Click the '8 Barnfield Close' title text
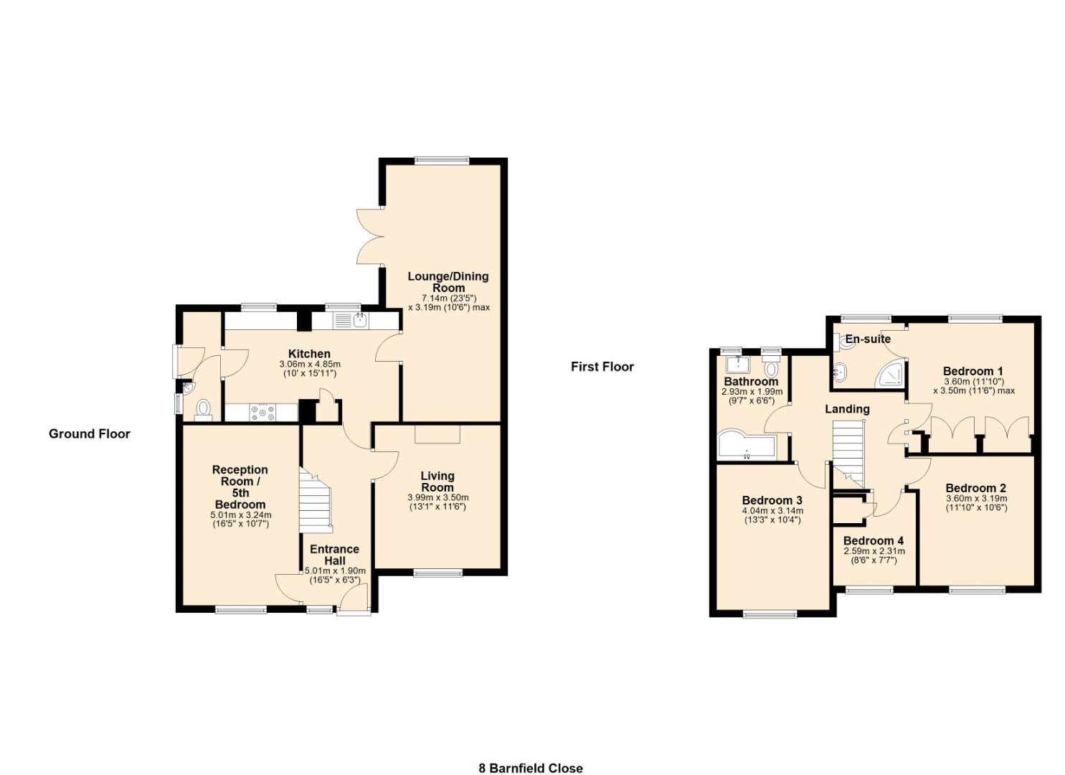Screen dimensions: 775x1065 point(530,768)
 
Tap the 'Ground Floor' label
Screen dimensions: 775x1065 point(90,433)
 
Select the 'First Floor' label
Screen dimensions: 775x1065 point(602,367)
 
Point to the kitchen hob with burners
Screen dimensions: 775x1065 point(262,412)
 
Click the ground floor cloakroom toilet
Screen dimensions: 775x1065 point(204,409)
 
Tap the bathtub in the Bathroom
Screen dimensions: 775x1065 point(746,446)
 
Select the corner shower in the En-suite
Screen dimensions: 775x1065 point(889,374)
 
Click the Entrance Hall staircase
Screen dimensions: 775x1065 point(316,502)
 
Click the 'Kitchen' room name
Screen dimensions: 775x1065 point(309,354)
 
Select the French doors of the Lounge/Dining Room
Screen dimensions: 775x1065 point(371,236)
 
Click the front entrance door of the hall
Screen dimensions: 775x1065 point(354,601)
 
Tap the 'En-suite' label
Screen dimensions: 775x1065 point(867,339)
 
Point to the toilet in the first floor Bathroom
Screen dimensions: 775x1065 point(771,369)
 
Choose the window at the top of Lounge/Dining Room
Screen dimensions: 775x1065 point(441,161)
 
